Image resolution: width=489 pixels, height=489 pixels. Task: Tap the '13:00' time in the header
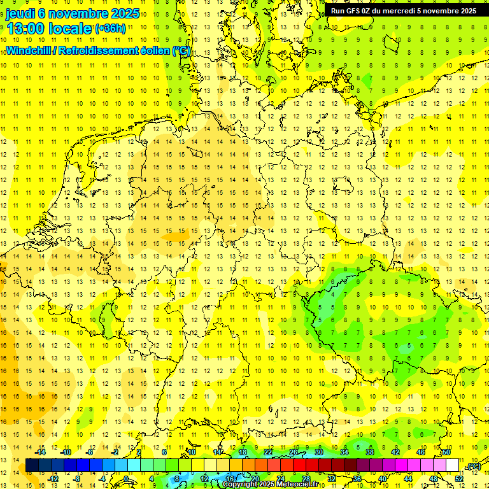coord(25,28)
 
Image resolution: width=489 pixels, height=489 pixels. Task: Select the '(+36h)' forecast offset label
coord(111,28)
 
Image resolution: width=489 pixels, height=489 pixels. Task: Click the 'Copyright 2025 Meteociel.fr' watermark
coord(270,485)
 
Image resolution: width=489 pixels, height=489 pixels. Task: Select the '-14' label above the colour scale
coord(40,452)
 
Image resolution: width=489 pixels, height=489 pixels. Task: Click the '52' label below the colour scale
coord(459,479)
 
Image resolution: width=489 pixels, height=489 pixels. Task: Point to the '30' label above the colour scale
coord(319,452)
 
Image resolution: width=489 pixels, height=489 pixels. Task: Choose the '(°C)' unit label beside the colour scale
coord(473,466)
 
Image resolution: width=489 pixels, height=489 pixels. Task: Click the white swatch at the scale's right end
coord(452,466)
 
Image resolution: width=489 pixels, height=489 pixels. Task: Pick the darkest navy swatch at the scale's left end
coord(32,466)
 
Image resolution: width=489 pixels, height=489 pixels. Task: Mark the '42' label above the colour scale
coord(395,452)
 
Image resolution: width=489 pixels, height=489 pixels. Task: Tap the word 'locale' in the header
coord(70,28)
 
